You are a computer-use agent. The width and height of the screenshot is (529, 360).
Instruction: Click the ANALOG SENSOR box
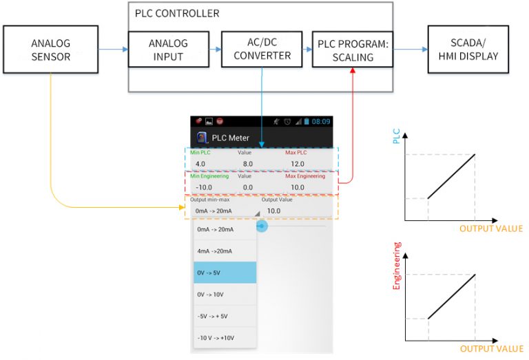pyautogui.click(x=51, y=50)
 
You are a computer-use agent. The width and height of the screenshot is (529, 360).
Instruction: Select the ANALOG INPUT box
pyautogui.click(x=167, y=49)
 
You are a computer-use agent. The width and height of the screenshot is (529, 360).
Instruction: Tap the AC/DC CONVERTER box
pyautogui.click(x=260, y=49)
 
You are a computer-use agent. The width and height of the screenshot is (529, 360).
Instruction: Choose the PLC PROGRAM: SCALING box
pyautogui.click(x=354, y=49)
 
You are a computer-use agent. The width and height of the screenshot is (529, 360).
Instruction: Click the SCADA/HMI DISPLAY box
pyautogui.click(x=468, y=49)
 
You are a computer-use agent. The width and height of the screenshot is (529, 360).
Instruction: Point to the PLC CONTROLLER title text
pyautogui.click(x=177, y=13)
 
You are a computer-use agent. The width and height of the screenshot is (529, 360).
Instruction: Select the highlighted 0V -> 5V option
pyautogui.click(x=225, y=273)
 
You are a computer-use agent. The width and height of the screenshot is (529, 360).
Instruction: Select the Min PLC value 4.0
pyautogui.click(x=200, y=163)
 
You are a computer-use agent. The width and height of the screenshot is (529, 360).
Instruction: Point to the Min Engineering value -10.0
pyautogui.click(x=204, y=187)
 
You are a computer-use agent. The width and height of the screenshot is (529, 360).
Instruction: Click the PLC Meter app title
pyautogui.click(x=230, y=138)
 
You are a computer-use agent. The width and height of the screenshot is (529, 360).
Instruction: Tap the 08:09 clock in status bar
pyautogui.click(x=321, y=121)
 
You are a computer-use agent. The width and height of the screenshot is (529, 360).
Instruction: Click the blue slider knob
pyautogui.click(x=262, y=226)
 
